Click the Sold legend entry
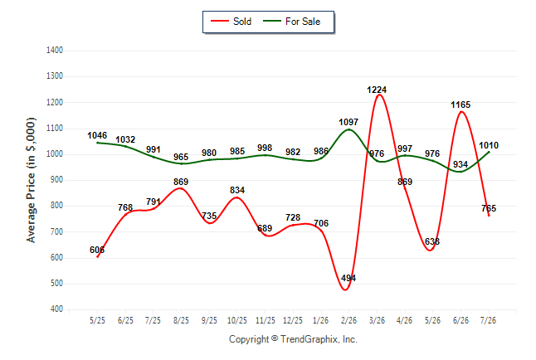(231, 22)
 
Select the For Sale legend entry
(291, 22)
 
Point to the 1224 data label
(377, 90)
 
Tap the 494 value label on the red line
(348, 278)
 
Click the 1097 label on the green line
(348, 122)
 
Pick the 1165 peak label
(460, 105)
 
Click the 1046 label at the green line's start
(97, 135)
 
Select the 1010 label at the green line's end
(489, 145)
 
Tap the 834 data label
(237, 190)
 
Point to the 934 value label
(460, 164)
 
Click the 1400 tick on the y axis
(55, 51)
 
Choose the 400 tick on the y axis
(56, 309)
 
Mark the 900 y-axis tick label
(56, 180)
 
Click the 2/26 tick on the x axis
(348, 320)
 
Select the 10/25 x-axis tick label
(237, 320)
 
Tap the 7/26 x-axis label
(488, 320)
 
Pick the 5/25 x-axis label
(97, 320)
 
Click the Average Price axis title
(31, 180)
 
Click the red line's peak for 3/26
(378, 95)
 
